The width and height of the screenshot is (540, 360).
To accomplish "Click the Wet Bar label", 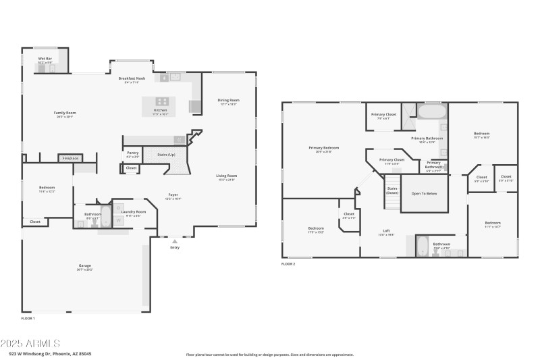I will [45, 59].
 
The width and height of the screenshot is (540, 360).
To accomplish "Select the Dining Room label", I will [229, 101].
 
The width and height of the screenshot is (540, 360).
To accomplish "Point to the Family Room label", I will [65, 113].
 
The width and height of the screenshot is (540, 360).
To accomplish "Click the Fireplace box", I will [70, 158].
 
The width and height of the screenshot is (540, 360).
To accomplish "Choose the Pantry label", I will [132, 153].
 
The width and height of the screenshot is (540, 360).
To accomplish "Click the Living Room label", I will [226, 176].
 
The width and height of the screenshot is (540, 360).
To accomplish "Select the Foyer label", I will [173, 195].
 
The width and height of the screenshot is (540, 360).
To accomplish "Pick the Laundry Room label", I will [133, 212].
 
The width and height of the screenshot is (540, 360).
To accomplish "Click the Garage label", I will [85, 266].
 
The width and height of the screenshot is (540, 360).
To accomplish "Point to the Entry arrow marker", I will [175, 240].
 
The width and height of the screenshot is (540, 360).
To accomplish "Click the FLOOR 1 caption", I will [28, 317].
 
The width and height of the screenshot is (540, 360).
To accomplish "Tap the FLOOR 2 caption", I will [288, 263].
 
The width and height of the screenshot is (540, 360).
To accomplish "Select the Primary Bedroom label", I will [324, 149].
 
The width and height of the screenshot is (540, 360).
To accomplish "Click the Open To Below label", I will [424, 193].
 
